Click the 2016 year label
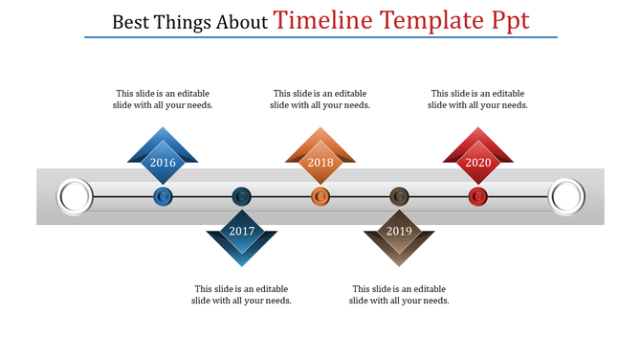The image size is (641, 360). (x=163, y=163)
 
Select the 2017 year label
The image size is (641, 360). (x=242, y=232)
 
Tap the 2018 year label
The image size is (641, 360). (x=320, y=163)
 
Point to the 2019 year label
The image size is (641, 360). (x=399, y=232)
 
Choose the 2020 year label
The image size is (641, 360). (x=478, y=163)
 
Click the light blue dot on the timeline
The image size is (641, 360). (x=164, y=197)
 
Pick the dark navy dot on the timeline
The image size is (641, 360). (x=242, y=197)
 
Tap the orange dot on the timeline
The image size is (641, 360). (x=320, y=197)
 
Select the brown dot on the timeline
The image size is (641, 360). (x=399, y=197)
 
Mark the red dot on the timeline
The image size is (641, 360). (x=478, y=197)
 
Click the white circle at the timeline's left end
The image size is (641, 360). (x=76, y=197)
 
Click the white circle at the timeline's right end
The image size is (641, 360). (x=565, y=197)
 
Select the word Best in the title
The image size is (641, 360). (x=130, y=22)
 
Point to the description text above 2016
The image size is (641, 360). (x=163, y=100)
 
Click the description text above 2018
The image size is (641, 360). (x=320, y=100)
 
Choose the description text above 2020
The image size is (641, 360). (x=478, y=100)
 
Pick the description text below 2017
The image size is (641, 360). (x=242, y=295)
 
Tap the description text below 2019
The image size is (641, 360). (x=399, y=295)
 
